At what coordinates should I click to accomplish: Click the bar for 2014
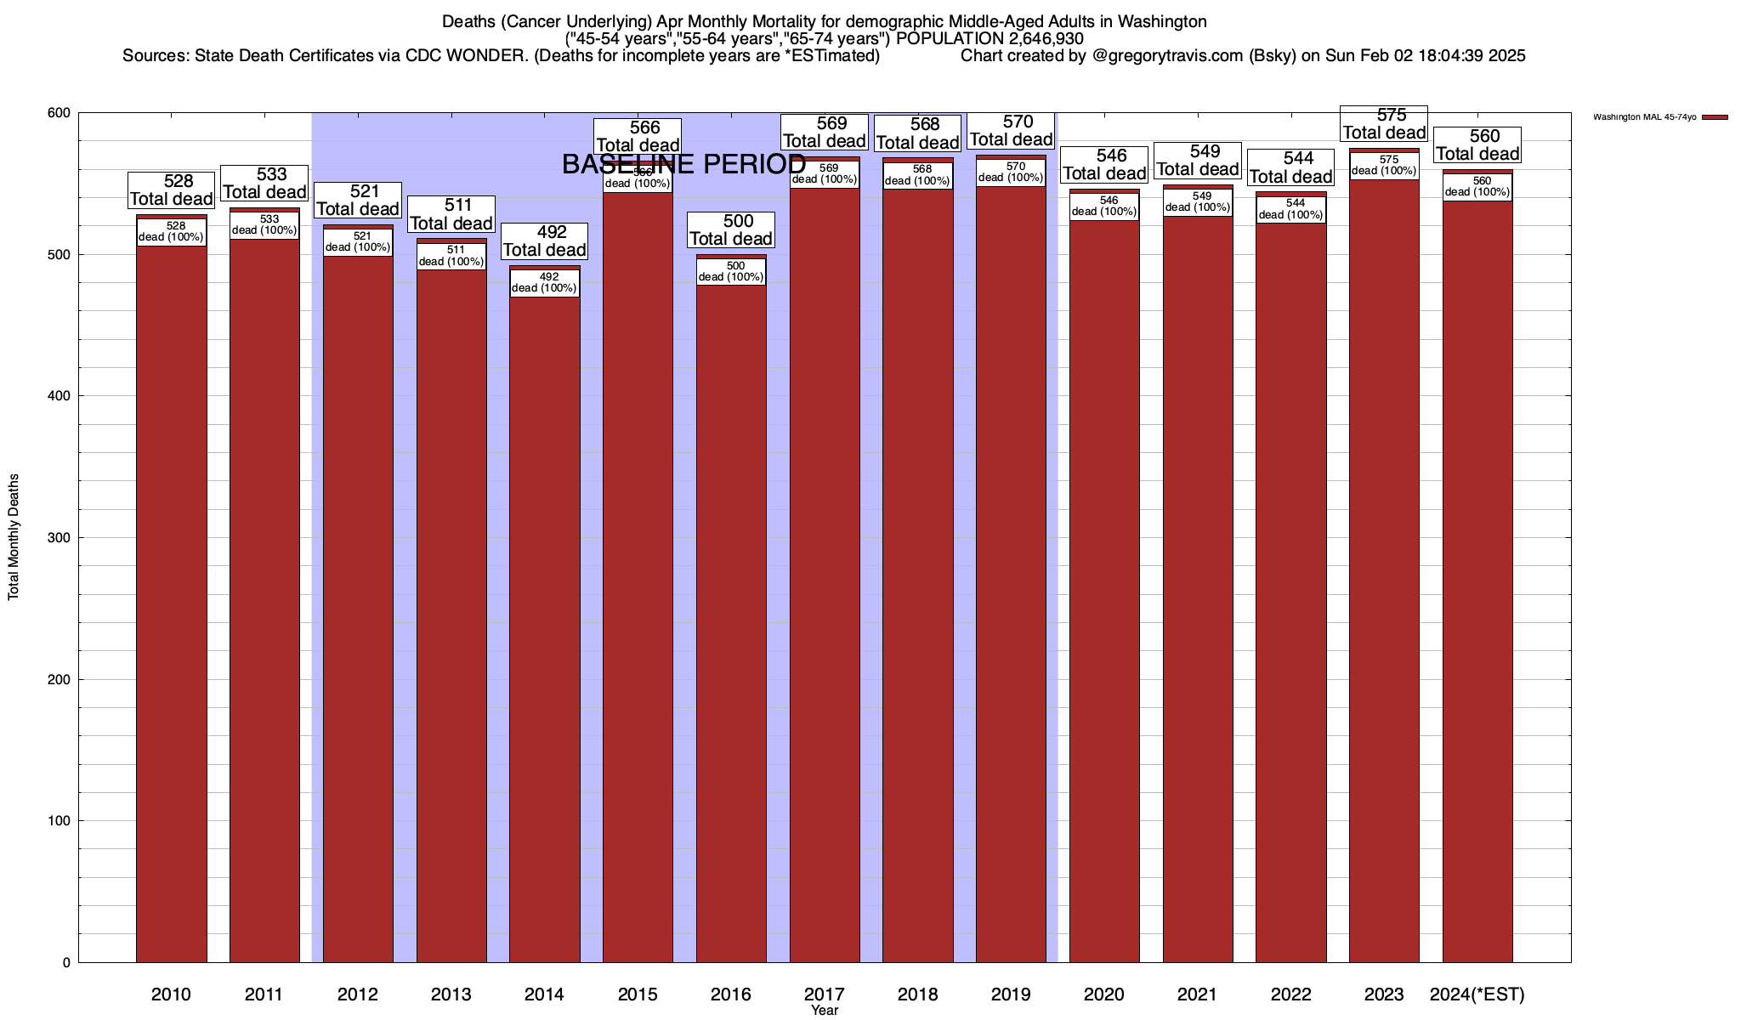pos(545,629)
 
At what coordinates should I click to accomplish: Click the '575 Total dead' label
pos(1384,124)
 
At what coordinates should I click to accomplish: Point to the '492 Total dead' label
pos(545,241)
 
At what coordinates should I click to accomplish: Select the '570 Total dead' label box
pos(1012,131)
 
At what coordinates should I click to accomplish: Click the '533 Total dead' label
pos(264,184)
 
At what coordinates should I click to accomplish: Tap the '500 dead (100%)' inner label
pos(731,272)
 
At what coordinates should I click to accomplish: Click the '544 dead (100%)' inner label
pos(1290,209)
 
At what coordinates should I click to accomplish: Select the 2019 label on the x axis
pos(1011,994)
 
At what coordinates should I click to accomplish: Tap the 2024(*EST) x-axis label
pos(1477,994)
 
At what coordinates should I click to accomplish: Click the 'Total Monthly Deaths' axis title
pos(14,537)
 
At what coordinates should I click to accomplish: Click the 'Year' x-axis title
pos(825,1011)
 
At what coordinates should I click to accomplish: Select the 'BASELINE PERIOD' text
pos(684,164)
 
